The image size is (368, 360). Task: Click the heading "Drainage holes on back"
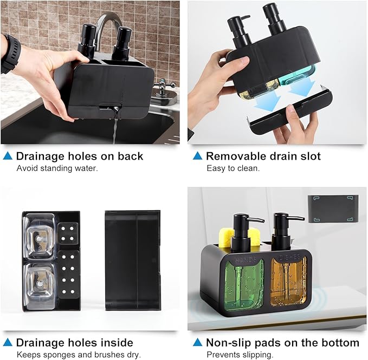(80, 156)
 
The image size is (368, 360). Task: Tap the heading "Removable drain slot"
(263, 156)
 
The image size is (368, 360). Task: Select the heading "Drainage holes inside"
(74, 343)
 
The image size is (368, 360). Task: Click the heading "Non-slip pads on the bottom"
(282, 343)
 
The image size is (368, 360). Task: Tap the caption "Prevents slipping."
(239, 355)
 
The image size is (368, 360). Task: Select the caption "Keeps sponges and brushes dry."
(79, 355)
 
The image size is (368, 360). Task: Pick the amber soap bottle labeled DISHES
(288, 282)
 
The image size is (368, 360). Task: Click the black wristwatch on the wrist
(9, 54)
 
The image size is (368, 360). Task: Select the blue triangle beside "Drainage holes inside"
(8, 342)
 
